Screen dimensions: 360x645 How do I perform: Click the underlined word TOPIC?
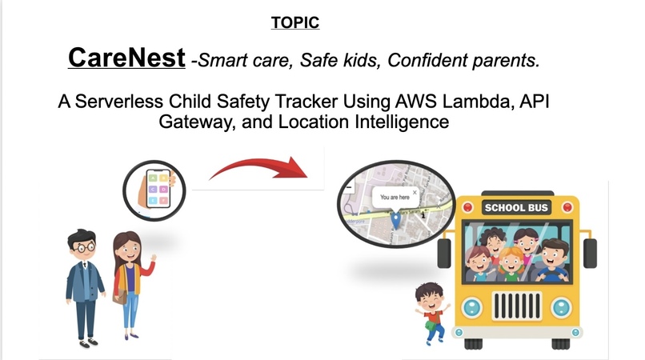coord(295,22)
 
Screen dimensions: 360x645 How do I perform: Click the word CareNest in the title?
coord(126,58)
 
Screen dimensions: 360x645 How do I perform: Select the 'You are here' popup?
coord(395,196)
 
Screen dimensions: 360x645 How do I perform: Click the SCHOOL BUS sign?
coord(517,208)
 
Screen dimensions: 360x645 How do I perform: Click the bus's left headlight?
coord(474,306)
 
